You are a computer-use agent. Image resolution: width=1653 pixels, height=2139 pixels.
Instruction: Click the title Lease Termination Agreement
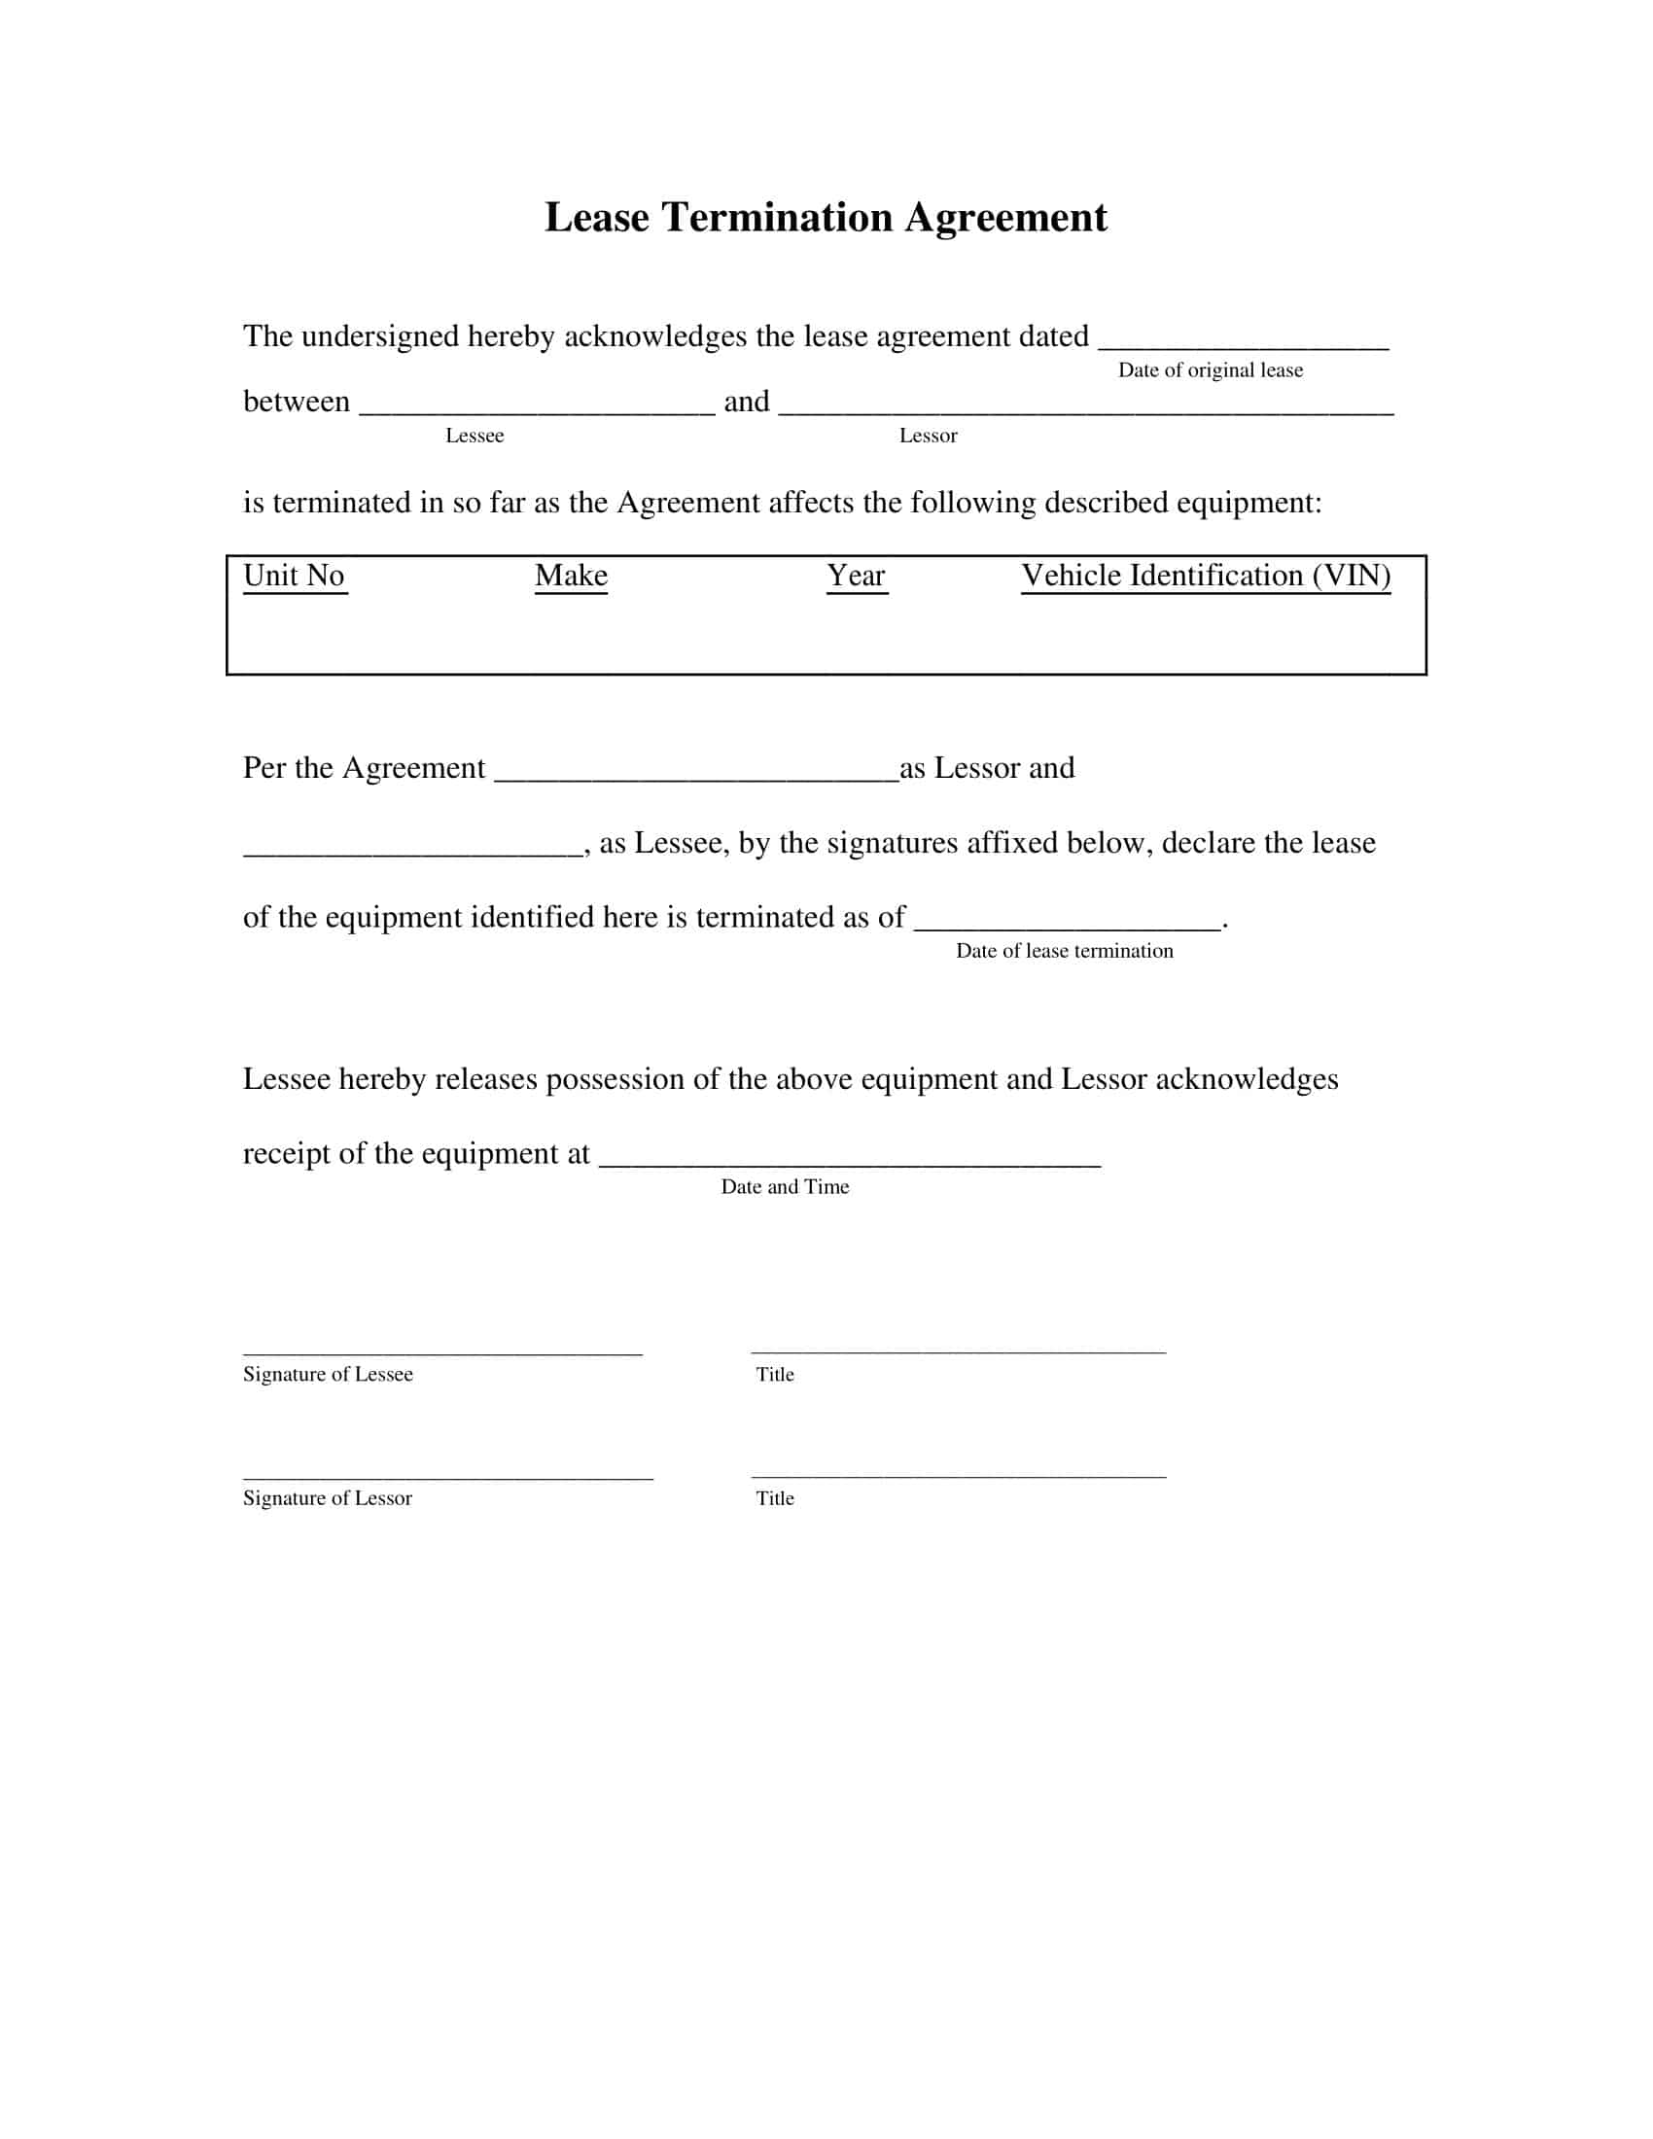pyautogui.click(x=826, y=218)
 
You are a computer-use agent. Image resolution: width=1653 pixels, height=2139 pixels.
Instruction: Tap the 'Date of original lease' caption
pyautogui.click(x=1211, y=370)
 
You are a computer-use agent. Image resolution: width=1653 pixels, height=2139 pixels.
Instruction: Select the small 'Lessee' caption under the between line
pyautogui.click(x=475, y=436)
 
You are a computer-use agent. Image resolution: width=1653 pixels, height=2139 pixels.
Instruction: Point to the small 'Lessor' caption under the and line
pyautogui.click(x=929, y=436)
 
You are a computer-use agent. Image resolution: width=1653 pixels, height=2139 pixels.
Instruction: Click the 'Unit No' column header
pyautogui.click(x=294, y=576)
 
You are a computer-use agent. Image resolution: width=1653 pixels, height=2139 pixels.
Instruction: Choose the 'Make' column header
pyautogui.click(x=571, y=576)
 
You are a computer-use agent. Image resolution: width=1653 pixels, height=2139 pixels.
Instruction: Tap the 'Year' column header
pyautogui.click(x=856, y=576)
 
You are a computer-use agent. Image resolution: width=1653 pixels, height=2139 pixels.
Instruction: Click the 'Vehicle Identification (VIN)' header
pyautogui.click(x=1206, y=576)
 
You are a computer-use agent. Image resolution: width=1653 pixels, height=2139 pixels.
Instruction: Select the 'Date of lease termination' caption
pyautogui.click(x=1065, y=951)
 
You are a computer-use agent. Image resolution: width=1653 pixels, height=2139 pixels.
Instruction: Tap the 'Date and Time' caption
pyautogui.click(x=786, y=1187)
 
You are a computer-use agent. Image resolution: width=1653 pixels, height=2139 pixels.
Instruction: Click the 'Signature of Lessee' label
pyautogui.click(x=328, y=1374)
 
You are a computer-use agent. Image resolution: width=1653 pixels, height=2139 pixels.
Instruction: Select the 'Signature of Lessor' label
pyautogui.click(x=328, y=1497)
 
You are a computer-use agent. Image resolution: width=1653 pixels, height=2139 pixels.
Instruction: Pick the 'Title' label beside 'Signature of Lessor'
pyautogui.click(x=775, y=1497)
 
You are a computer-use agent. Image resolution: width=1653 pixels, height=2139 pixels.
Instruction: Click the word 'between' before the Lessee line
pyautogui.click(x=296, y=402)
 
